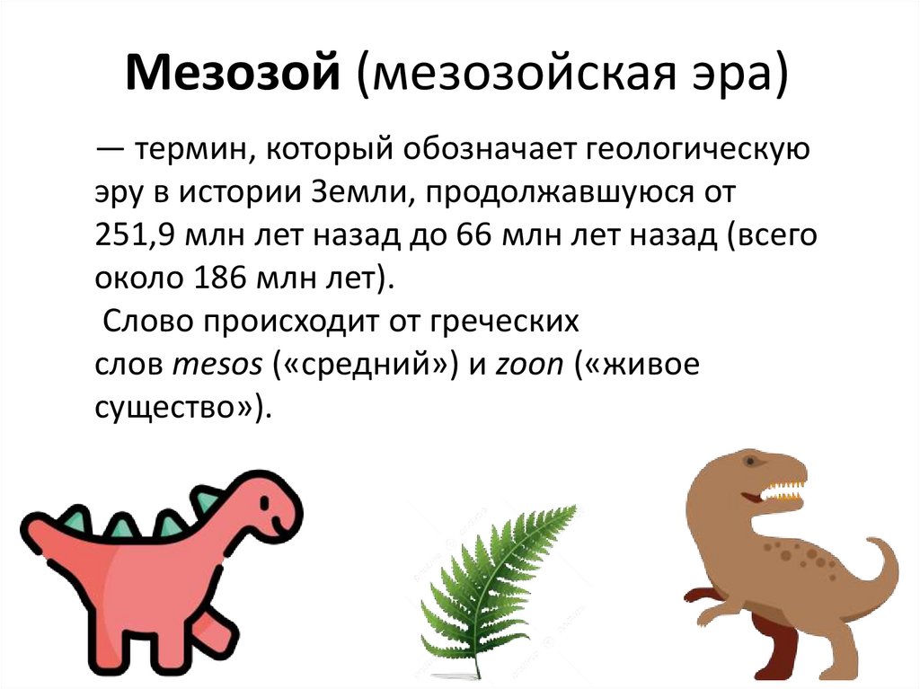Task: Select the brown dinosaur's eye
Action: [x=750, y=461]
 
